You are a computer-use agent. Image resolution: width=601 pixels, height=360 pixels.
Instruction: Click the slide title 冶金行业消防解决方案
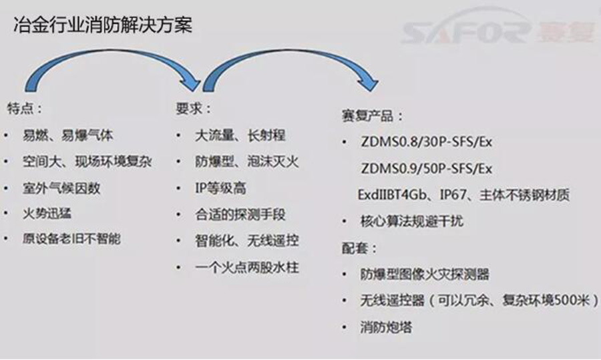103,25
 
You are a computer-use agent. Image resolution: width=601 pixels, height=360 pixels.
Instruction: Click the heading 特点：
25,108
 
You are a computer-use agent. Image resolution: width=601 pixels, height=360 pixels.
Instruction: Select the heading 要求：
194,108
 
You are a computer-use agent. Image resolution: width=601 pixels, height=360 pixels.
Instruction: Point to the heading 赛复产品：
372,116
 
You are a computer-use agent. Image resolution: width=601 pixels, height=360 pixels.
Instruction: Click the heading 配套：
359,248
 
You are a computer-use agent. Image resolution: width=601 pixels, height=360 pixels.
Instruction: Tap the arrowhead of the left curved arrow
192,84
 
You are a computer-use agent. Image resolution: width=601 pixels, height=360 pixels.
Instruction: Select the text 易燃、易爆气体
68,135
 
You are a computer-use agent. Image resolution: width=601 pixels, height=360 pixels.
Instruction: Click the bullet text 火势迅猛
47,214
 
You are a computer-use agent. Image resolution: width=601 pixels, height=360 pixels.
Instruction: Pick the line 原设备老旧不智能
71,239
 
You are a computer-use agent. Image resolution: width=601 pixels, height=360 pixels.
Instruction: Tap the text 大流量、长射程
240,135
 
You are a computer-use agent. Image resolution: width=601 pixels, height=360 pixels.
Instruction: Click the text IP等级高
220,188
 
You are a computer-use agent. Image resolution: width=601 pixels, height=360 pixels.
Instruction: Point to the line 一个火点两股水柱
247,267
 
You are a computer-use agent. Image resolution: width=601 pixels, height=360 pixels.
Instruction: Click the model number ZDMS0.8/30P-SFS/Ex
426,142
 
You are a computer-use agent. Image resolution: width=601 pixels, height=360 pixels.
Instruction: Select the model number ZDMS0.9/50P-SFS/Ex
426,168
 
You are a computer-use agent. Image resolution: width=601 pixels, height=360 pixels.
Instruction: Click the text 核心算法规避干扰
411,221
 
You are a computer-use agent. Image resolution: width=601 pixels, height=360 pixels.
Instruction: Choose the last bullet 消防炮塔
386,327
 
